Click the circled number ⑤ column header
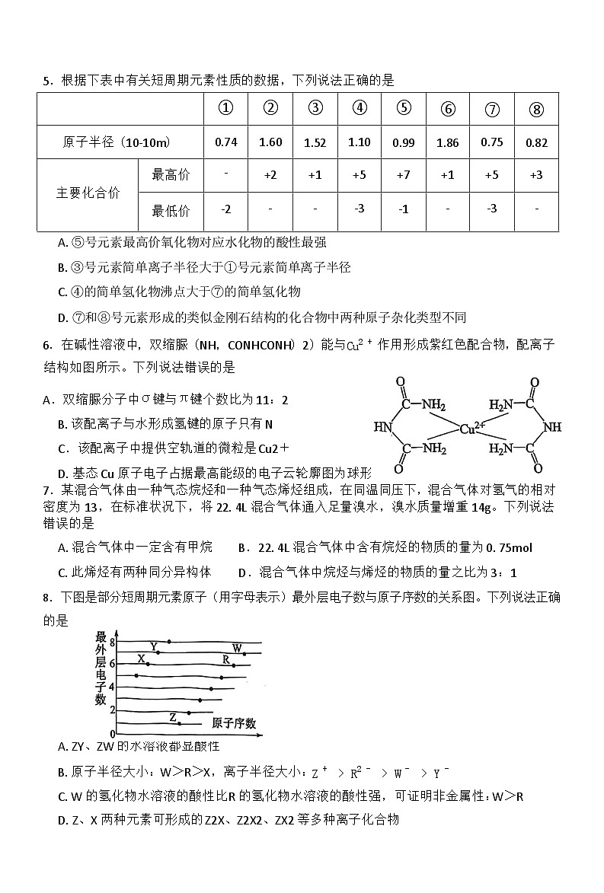(x=404, y=108)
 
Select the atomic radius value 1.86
(x=448, y=142)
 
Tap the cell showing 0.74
(x=225, y=142)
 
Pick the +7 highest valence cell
(x=404, y=175)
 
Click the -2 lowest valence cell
(x=225, y=209)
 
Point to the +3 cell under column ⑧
(x=536, y=175)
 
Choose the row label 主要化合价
(x=88, y=193)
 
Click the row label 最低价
(x=171, y=210)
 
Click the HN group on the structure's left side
(x=383, y=428)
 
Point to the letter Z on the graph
(x=173, y=717)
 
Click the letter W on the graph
(x=237, y=648)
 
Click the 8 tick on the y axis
(x=112, y=642)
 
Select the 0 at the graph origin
(x=112, y=735)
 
